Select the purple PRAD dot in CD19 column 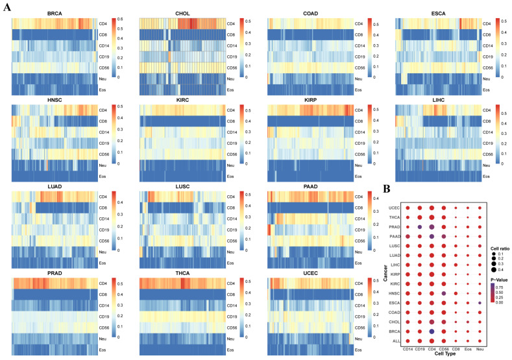pos(419,226)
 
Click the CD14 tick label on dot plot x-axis pos(408,350)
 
